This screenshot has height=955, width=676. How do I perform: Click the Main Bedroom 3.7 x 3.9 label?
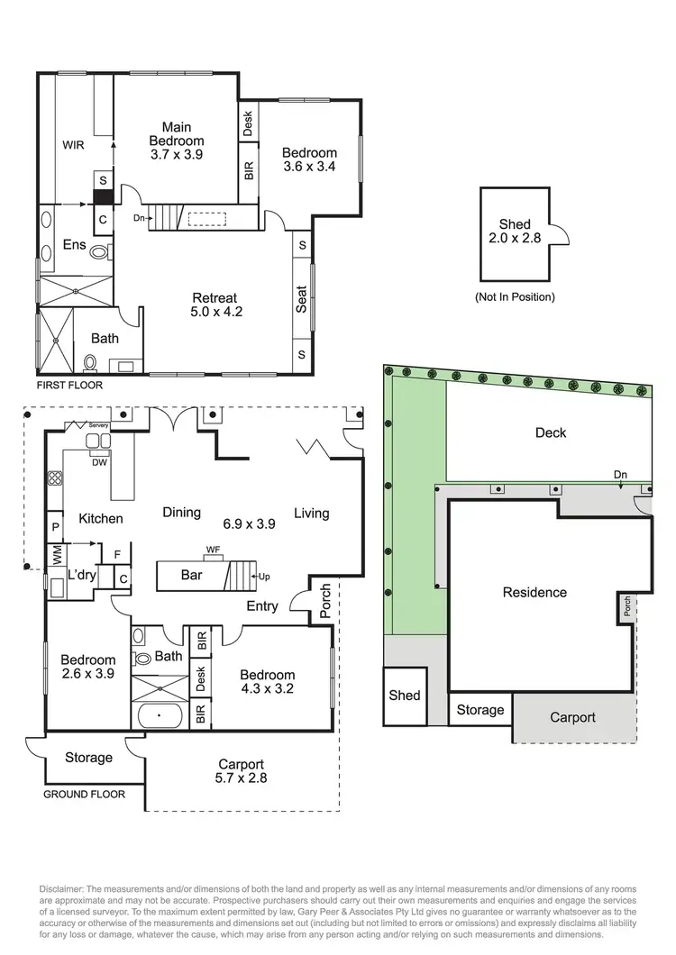coord(176,141)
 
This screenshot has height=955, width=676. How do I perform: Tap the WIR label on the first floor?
coord(73,144)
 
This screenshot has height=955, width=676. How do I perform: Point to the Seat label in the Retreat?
coord(302,300)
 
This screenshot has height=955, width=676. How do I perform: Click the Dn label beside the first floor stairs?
coord(138,218)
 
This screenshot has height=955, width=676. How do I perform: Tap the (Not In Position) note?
coord(515,296)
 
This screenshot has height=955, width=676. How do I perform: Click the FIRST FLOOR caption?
coord(69,385)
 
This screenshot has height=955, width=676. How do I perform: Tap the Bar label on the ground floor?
coord(190,575)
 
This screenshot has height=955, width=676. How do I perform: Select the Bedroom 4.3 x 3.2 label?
coord(268,682)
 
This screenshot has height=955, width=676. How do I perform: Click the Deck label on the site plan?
coord(550,432)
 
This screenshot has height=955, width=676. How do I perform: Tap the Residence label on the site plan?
coord(534,592)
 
